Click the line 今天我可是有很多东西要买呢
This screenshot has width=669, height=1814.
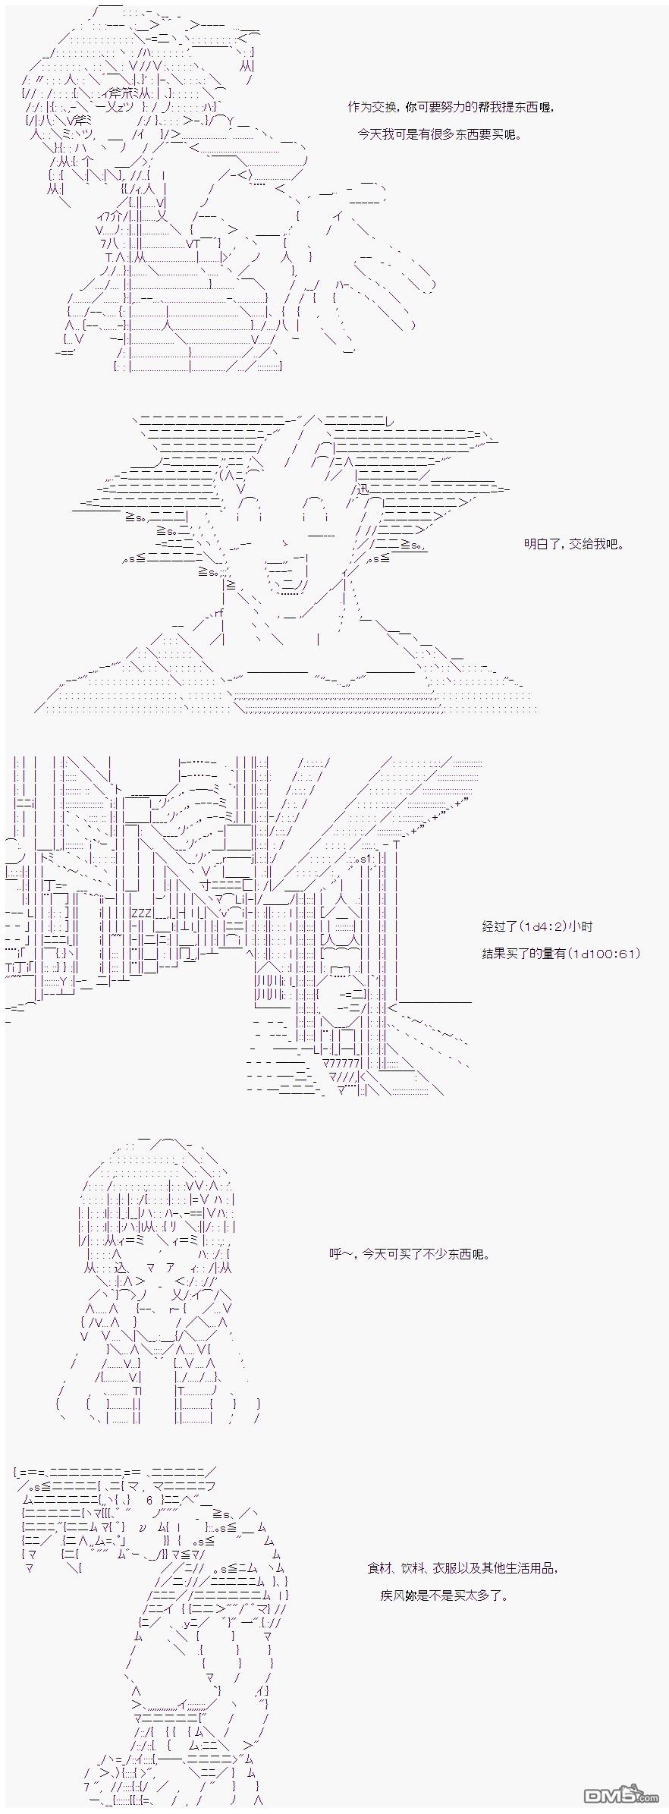point(440,134)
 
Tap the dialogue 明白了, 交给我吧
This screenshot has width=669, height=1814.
point(573,544)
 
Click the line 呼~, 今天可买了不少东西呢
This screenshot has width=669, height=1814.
point(410,1254)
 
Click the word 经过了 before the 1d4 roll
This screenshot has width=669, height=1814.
point(499,926)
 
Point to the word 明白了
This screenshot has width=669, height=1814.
point(541,544)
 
